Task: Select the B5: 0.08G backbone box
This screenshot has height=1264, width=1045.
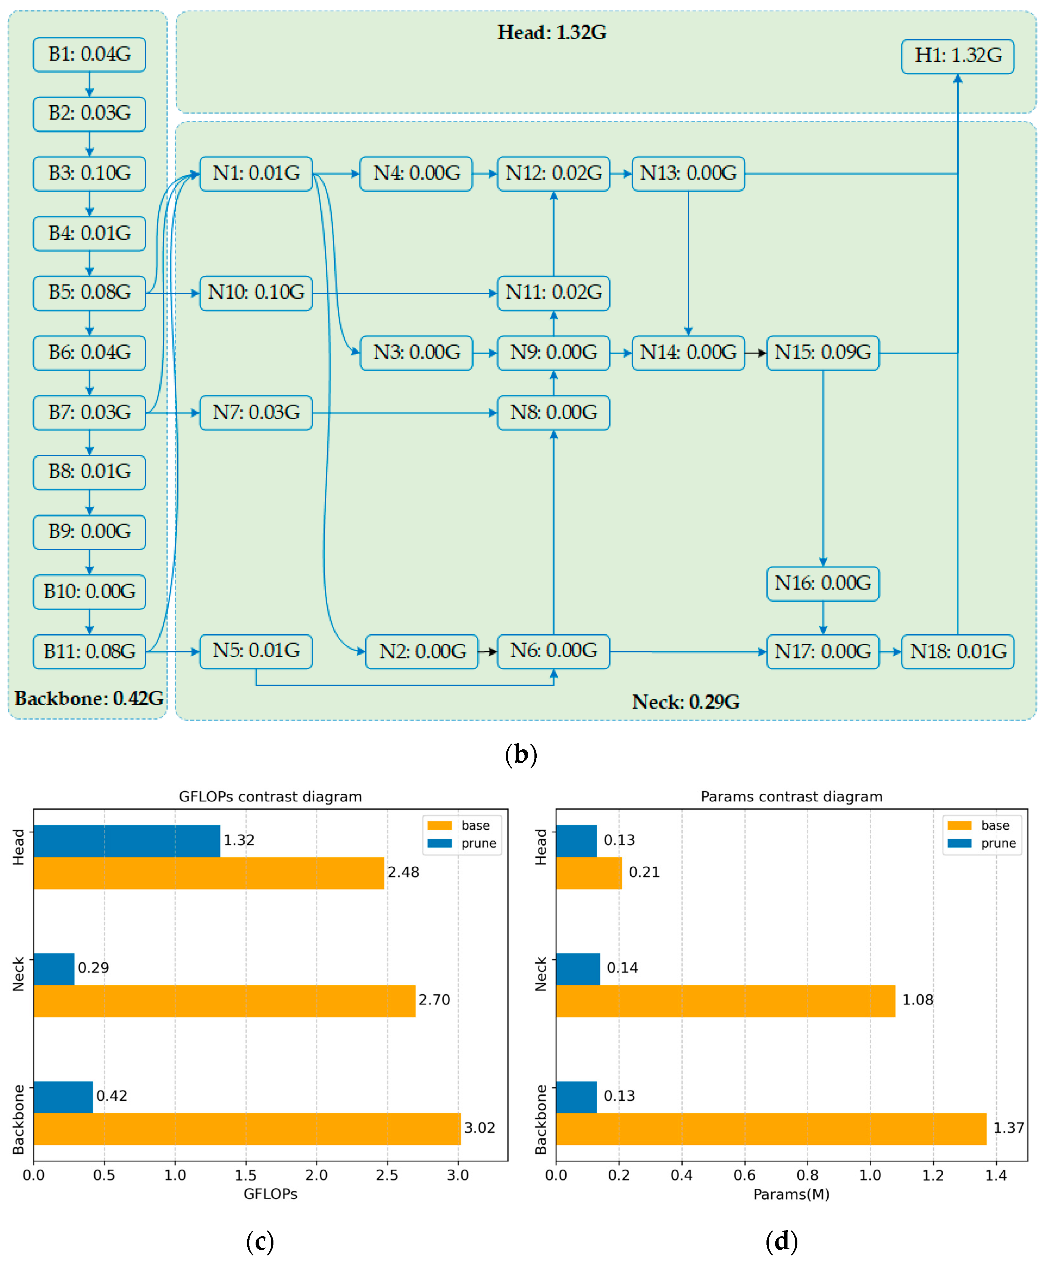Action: (90, 292)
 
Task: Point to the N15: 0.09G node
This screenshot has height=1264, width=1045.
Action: (823, 352)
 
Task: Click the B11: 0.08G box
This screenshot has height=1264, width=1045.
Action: (90, 651)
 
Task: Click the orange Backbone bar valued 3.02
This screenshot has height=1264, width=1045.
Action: (247, 1128)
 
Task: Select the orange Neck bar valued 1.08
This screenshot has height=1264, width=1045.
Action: (725, 1000)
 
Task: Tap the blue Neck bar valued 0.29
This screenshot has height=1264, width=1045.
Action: (54, 968)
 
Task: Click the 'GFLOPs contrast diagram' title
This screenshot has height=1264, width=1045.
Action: (270, 796)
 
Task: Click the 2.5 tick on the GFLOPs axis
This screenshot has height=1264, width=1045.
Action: (387, 1175)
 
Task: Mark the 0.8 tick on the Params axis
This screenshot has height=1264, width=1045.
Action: (807, 1175)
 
